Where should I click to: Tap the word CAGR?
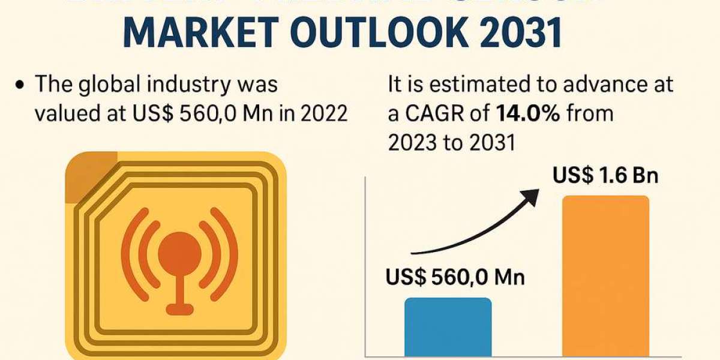434,113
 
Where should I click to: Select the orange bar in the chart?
605,276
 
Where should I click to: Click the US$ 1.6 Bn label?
605,176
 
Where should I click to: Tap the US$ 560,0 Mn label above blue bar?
455,278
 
